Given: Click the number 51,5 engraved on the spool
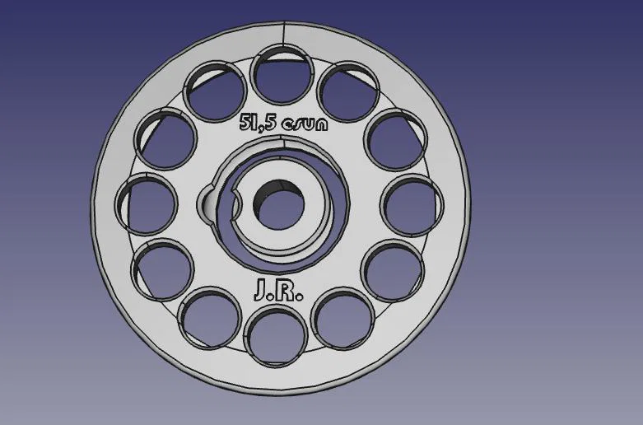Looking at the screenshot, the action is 258,122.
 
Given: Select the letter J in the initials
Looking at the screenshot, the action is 261,290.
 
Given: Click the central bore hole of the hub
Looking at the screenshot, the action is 279,204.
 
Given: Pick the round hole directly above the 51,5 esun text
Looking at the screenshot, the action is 282,75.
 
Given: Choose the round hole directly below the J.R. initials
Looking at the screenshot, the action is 276,335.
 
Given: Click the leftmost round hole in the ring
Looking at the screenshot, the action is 147,204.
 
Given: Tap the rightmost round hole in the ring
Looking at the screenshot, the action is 412,206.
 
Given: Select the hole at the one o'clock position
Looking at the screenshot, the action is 348,91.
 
